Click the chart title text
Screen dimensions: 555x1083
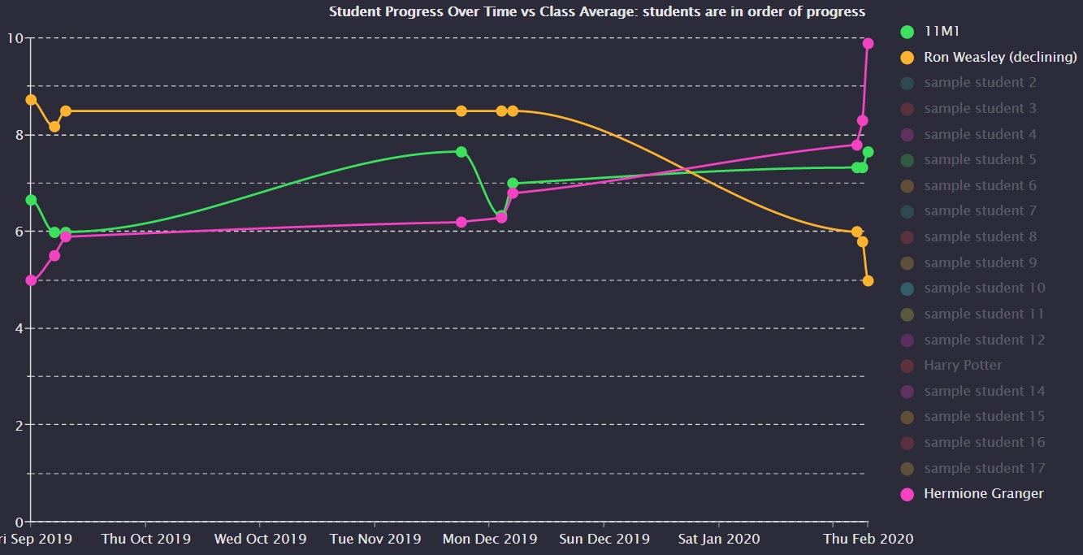596,11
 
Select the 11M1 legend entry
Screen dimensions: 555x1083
942,32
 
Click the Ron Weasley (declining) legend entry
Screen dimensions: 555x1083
1000,57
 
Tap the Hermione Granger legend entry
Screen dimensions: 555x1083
983,493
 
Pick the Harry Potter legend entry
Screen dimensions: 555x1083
963,365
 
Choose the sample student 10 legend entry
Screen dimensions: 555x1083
984,288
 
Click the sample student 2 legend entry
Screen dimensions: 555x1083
980,82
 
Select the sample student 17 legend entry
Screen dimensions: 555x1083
984,468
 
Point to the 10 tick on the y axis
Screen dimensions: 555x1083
14,38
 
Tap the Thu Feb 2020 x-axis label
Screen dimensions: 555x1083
868,539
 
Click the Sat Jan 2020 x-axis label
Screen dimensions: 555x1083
718,539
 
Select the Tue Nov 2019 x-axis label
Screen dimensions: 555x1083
375,539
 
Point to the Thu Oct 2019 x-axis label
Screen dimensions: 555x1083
145,539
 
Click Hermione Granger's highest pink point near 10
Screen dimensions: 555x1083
868,44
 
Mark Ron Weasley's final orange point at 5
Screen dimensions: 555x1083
868,280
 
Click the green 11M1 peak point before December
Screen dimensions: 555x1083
461,151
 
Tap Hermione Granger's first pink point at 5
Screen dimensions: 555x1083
31,280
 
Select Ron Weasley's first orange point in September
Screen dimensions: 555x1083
31,99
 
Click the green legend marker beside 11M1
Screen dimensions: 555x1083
908,32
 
